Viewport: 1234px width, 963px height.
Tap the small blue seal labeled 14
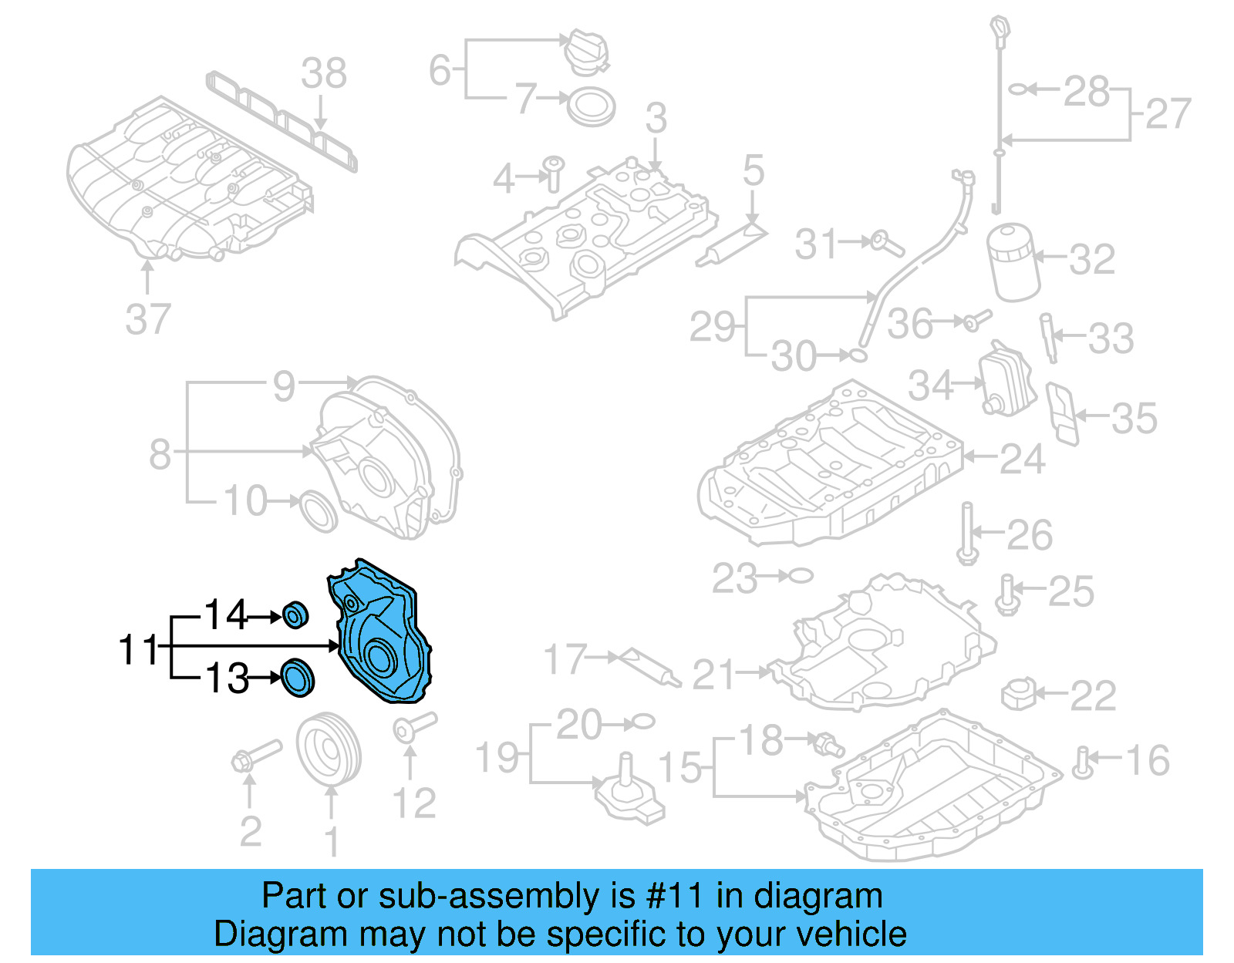(x=295, y=615)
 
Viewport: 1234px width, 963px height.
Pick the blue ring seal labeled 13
(x=297, y=678)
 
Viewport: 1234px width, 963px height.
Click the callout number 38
(x=323, y=74)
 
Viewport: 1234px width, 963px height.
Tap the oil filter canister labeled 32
(x=1013, y=262)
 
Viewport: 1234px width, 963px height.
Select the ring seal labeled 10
(x=318, y=510)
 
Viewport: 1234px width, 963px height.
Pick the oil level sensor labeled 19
(x=629, y=790)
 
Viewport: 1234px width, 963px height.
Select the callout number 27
(x=1168, y=114)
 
